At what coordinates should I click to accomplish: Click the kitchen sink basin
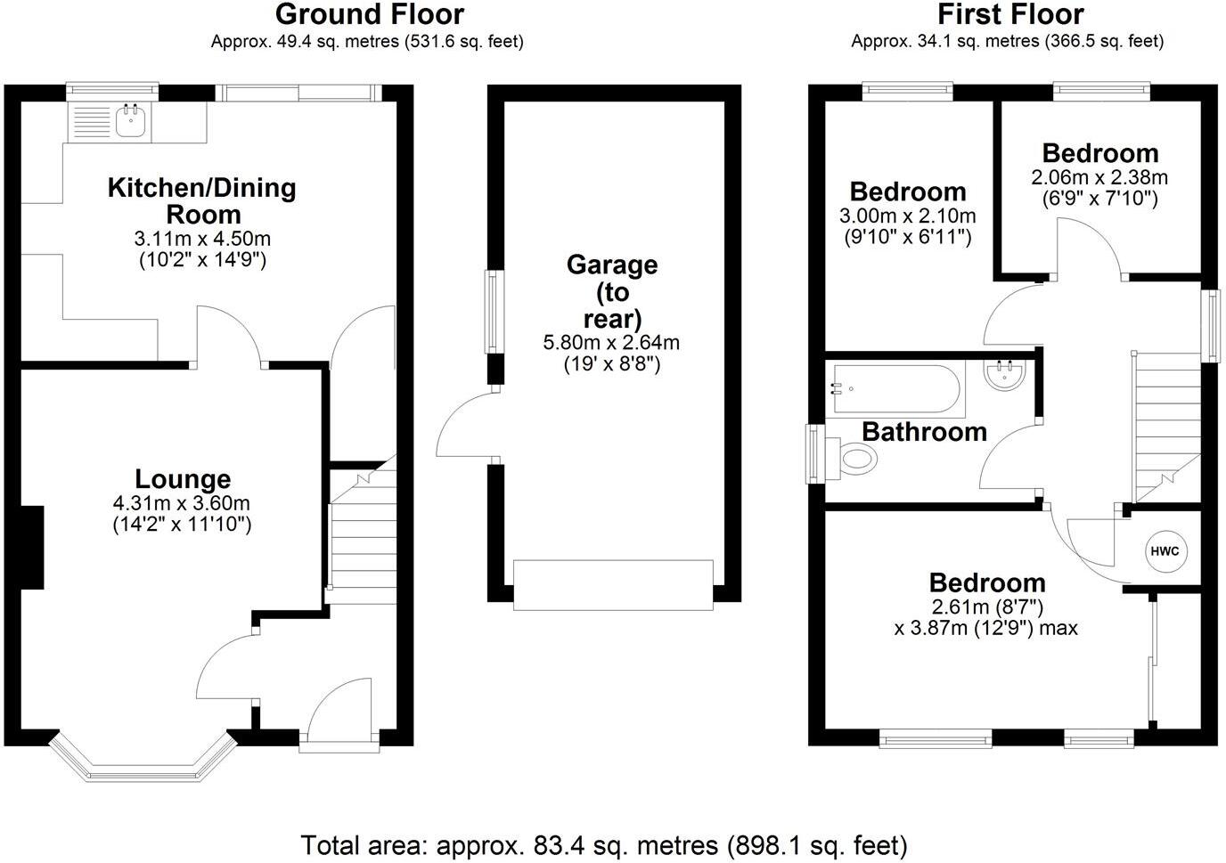(x=130, y=120)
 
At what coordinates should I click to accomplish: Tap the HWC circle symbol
(x=1165, y=551)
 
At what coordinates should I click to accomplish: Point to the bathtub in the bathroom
(x=895, y=389)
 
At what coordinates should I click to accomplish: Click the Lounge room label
(x=183, y=479)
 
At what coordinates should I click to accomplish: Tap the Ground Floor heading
(x=370, y=15)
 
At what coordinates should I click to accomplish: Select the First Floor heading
(x=1010, y=15)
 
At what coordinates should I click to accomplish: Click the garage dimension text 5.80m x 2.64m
(x=611, y=343)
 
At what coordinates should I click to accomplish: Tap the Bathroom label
(x=925, y=432)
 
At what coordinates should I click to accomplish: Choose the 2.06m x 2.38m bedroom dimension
(x=1099, y=178)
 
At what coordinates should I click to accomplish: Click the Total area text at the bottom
(x=604, y=846)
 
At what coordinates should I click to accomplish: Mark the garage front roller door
(x=613, y=585)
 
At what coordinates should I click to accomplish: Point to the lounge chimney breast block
(x=32, y=547)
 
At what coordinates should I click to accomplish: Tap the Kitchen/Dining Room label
(x=202, y=201)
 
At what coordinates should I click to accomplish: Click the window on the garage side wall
(x=494, y=312)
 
